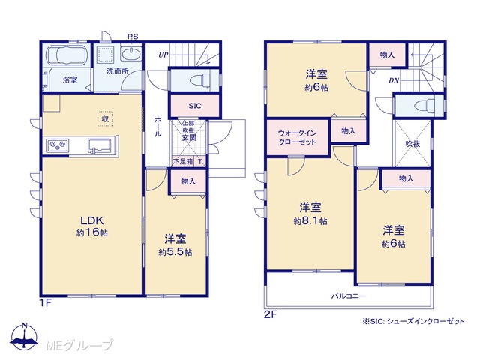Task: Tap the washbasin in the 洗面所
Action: (131, 54)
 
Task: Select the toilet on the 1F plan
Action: (200, 80)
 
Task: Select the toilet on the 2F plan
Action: (424, 105)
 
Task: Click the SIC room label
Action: (195, 106)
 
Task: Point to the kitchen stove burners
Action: (58, 145)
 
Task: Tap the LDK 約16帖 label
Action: (91, 226)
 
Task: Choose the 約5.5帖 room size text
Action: (175, 252)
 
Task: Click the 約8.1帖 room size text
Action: (310, 221)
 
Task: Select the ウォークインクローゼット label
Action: (297, 138)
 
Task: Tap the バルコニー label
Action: (349, 296)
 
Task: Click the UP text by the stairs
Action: (163, 55)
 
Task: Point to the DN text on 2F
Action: (394, 80)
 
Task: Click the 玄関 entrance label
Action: (189, 138)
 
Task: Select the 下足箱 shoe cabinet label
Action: (183, 161)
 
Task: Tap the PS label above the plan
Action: (133, 37)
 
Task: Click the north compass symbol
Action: (25, 337)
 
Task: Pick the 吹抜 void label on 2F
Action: (412, 144)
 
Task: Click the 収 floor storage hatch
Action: (105, 118)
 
